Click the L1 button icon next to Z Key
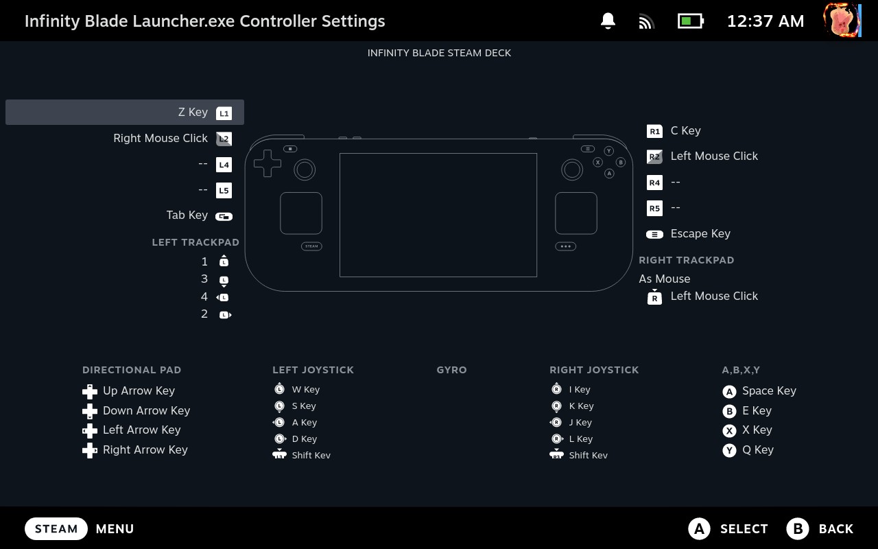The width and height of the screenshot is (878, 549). [x=224, y=113]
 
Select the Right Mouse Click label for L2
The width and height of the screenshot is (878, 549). [x=161, y=138]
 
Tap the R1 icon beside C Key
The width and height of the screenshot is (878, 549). [x=654, y=131]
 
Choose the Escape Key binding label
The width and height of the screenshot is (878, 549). [x=700, y=234]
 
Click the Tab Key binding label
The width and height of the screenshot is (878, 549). [x=187, y=215]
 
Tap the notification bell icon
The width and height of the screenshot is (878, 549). [x=608, y=21]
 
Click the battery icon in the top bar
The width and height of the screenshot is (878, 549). [x=691, y=21]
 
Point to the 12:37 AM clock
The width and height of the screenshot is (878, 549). [x=766, y=21]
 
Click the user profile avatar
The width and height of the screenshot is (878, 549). [x=842, y=21]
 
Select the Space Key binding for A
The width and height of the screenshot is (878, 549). [x=769, y=390]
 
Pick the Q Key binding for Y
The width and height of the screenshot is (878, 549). [x=758, y=449]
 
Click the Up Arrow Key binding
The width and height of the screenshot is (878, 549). [x=139, y=390]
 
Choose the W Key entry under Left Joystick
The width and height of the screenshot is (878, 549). [x=306, y=389]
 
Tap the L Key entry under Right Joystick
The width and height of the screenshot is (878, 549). [x=580, y=439]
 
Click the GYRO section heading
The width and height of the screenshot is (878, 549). [x=451, y=370]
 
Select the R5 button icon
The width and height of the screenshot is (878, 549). [x=654, y=208]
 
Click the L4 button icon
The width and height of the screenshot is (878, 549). [x=224, y=165]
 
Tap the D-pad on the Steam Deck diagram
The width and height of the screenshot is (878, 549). [x=268, y=163]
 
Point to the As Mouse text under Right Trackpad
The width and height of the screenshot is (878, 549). [x=665, y=279]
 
